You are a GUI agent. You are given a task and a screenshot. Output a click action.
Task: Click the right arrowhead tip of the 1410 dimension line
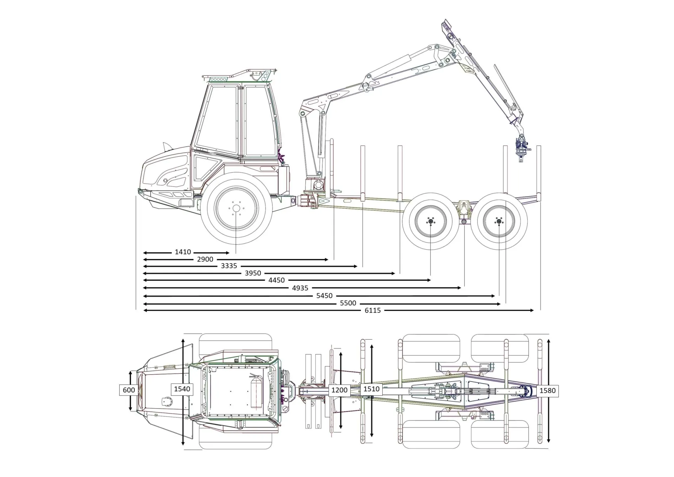click(229, 253)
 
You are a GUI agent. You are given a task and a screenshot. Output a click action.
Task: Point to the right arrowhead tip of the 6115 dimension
click(534, 311)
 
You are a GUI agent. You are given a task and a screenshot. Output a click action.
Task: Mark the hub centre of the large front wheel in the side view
click(236, 208)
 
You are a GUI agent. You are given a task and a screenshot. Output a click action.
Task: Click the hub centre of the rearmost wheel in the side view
click(498, 221)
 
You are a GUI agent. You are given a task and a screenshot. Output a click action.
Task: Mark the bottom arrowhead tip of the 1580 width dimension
click(548, 443)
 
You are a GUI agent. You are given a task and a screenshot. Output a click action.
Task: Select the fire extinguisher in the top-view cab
click(256, 391)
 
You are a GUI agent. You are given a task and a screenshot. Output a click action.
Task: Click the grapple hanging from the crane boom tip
click(522, 148)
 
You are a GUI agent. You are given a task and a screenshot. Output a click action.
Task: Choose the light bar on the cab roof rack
click(218, 79)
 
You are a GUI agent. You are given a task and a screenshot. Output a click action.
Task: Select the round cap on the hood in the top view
click(166, 401)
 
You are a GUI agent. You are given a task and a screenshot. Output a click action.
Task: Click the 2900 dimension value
click(205, 259)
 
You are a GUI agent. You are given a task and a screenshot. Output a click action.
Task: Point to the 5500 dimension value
click(348, 303)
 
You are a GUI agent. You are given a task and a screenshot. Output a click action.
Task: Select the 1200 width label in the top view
click(339, 390)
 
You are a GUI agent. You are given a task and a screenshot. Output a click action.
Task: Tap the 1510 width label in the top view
click(371, 389)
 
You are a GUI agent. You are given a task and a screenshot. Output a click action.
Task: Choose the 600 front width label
click(129, 390)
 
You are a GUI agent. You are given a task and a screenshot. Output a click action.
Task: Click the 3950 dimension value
click(253, 273)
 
